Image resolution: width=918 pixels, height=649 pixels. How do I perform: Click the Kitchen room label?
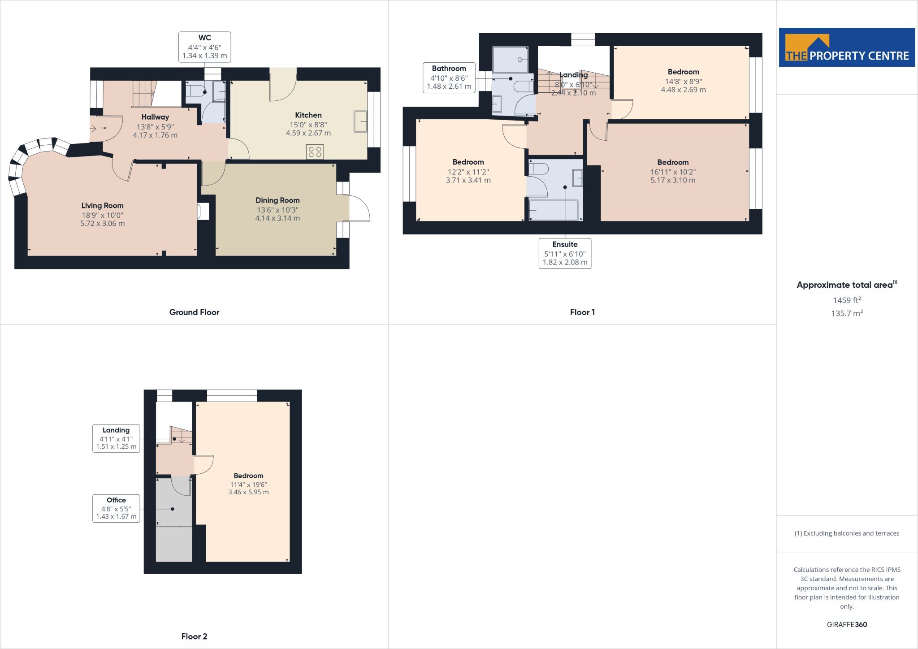tap(308, 115)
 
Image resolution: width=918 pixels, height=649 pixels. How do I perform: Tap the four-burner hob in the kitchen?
tap(315, 152)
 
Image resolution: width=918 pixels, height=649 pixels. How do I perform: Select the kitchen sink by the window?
tap(360, 121)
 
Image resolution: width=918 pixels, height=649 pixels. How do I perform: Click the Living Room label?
tap(102, 206)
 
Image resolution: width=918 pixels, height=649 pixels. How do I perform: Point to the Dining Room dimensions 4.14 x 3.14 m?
tap(277, 218)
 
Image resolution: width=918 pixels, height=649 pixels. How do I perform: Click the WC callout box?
tap(204, 47)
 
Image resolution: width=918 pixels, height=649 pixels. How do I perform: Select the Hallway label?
tap(155, 117)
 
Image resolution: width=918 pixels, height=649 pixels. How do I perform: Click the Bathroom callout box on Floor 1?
tap(449, 78)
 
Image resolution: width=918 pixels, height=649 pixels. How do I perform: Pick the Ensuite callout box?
tap(565, 253)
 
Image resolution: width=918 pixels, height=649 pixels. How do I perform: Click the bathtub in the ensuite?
tap(554, 210)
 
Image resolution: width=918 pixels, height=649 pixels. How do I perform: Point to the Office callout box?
tap(116, 508)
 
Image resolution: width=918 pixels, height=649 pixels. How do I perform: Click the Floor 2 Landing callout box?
tap(116, 438)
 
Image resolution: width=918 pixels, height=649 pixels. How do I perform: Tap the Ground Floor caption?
tap(194, 312)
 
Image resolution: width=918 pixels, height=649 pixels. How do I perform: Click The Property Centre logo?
tap(847, 48)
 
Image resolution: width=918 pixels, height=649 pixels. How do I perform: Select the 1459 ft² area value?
tap(847, 300)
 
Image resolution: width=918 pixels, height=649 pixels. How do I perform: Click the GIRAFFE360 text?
tap(847, 624)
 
